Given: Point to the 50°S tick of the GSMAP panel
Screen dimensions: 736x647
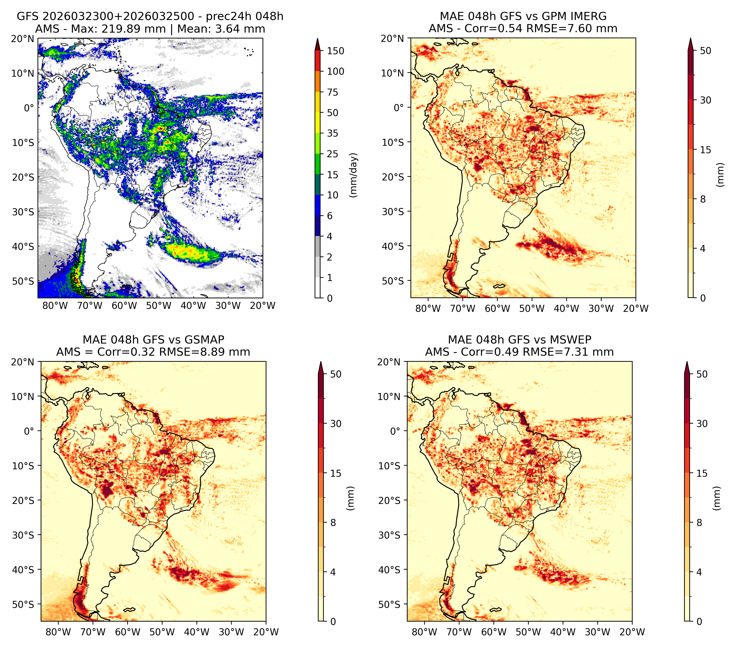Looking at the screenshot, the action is click(23, 604).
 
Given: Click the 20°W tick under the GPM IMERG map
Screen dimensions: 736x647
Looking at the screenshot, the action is click(636, 308).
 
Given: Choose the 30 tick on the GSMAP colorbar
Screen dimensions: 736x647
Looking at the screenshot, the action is click(336, 423).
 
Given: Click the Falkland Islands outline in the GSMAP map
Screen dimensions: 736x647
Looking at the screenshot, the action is click(129, 609).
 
